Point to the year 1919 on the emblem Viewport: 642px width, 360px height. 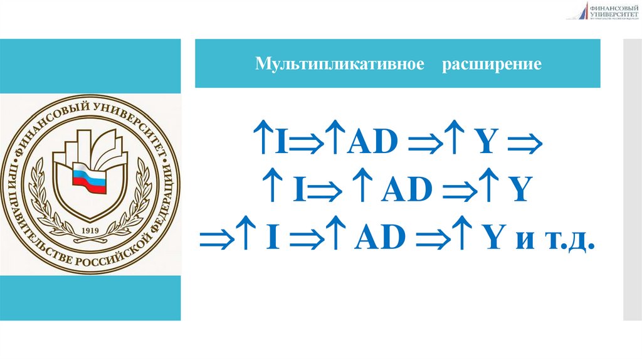coord(92,229)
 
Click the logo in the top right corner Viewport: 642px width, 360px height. coord(602,11)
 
